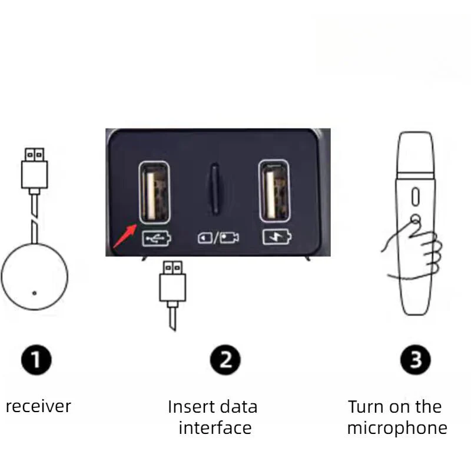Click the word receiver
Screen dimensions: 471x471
click(38, 406)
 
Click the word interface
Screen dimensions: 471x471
click(214, 427)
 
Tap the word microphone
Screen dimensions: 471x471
click(397, 427)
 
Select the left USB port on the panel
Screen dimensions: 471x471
click(154, 193)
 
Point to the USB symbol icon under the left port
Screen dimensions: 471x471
click(156, 238)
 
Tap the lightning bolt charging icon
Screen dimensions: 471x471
click(276, 238)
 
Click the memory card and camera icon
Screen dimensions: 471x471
click(217, 238)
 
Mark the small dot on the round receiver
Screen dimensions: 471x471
click(34, 293)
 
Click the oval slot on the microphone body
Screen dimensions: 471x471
click(415, 195)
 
